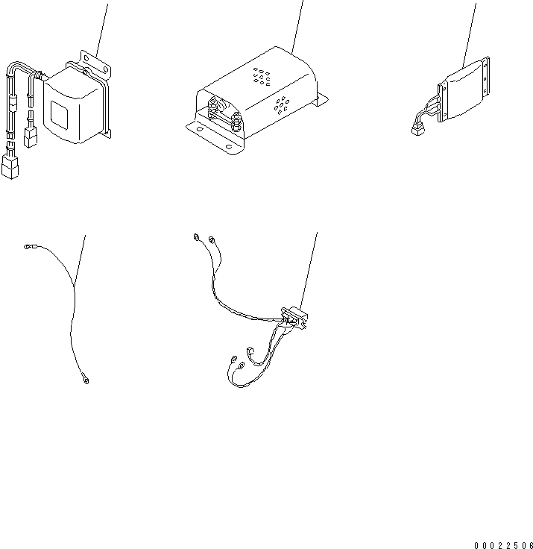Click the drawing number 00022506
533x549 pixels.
click(503, 545)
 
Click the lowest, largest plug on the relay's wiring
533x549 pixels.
click(10, 167)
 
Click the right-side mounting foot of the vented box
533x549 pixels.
click(322, 98)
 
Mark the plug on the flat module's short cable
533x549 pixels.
click(416, 131)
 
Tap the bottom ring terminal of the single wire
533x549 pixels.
click(84, 381)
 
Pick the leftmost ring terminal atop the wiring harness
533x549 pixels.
click(195, 238)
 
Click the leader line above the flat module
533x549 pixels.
click(470, 30)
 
